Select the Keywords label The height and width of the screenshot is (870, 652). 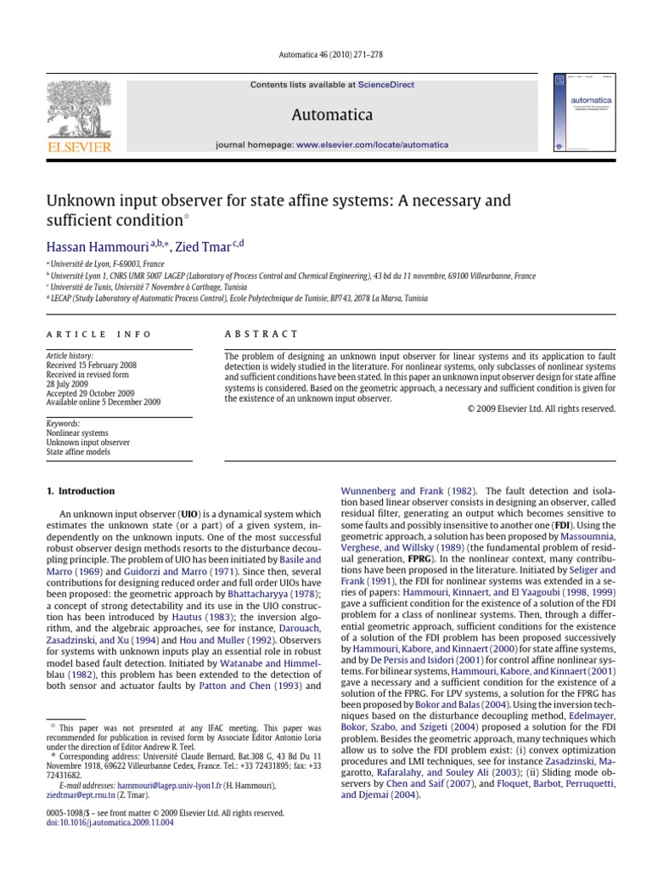[x=64, y=422]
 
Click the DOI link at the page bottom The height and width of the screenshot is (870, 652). [x=100, y=822]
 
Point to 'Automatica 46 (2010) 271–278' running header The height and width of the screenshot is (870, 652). [x=326, y=54]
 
